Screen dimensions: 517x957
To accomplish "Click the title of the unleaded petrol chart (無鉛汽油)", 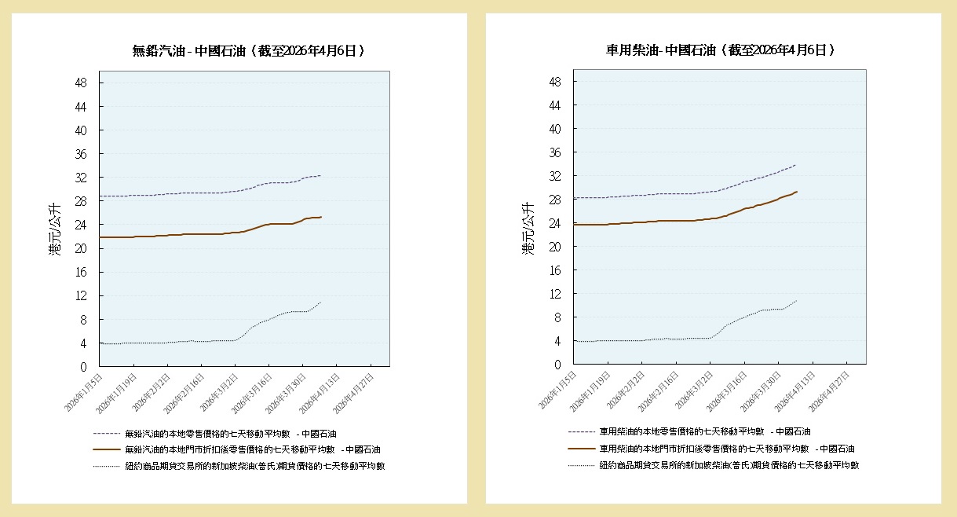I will [248, 51].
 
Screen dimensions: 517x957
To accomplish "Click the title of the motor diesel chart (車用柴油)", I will [720, 50].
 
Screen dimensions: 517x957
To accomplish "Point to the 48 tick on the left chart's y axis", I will [81, 82].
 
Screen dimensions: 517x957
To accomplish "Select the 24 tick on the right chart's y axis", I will [555, 223].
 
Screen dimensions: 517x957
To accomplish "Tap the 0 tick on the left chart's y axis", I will [84, 367].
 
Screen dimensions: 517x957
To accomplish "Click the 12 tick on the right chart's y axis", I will [555, 294].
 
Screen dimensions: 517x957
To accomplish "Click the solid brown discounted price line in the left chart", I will [196, 233].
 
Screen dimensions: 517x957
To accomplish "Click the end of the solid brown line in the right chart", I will [797, 192].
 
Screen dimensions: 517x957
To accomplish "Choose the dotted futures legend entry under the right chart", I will [729, 465].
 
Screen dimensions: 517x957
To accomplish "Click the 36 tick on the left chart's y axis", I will [81, 154].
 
